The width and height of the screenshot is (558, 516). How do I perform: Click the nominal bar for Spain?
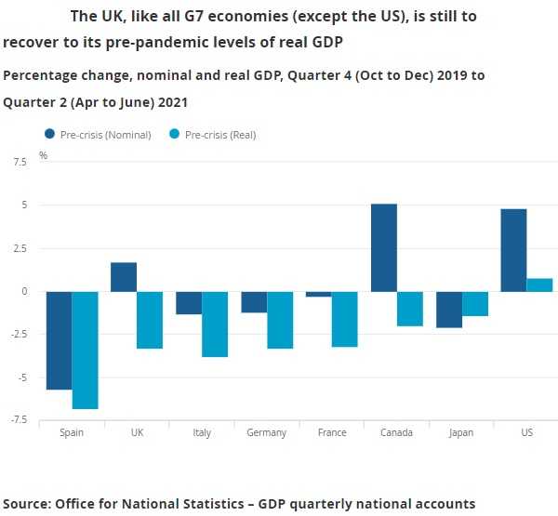pos(60,340)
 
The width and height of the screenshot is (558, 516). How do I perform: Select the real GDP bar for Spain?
pos(86,350)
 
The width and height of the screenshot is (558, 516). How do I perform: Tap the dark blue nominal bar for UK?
pos(124,277)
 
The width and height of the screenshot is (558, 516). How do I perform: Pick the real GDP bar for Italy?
pos(215,324)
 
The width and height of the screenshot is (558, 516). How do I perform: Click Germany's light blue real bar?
pos(280,320)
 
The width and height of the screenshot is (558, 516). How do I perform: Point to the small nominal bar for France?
pos(319,294)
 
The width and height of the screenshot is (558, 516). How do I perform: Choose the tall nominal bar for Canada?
pos(384,247)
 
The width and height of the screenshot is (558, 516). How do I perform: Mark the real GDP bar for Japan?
pos(475,303)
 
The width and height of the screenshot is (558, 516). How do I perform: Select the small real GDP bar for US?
pos(539,284)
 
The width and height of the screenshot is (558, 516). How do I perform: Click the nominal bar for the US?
pos(513,250)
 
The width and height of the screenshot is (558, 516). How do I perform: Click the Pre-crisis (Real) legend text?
pos(220,135)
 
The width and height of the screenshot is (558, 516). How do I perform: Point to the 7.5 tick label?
pos(20,162)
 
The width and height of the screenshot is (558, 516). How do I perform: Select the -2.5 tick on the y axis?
pos(19,335)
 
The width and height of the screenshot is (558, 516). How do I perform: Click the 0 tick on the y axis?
pos(26,291)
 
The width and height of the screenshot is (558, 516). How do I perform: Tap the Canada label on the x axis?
pos(397,433)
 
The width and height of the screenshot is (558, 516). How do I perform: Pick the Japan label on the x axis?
pos(462,433)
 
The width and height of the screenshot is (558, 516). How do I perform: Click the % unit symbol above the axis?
pos(43,155)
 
